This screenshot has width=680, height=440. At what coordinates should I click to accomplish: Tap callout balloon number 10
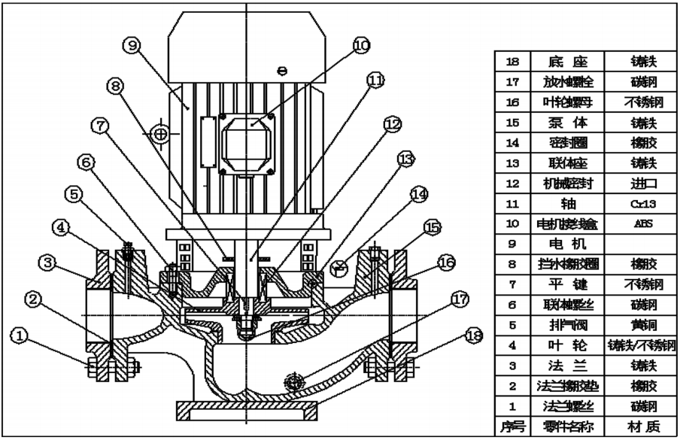click(x=361, y=46)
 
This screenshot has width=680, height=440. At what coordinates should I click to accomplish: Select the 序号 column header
click(x=512, y=426)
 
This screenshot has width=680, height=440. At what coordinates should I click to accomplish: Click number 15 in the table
click(x=512, y=122)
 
